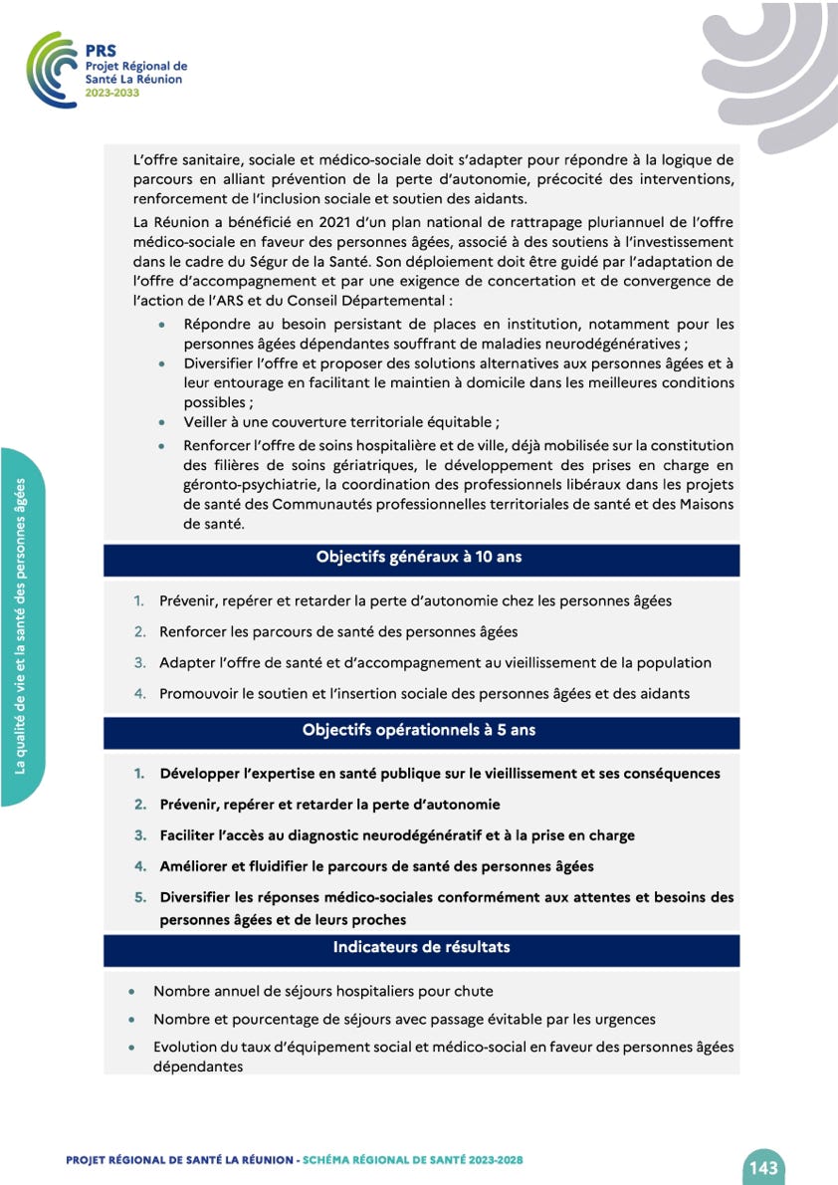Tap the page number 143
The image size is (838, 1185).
point(763,1167)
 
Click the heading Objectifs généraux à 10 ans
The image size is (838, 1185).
point(419,558)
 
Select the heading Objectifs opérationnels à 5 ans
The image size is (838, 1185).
point(419,731)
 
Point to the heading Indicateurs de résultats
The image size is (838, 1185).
point(421,947)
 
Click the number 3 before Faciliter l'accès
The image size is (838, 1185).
point(140,835)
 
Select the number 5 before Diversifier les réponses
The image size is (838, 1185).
point(140,897)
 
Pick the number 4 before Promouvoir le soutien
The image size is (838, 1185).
point(140,693)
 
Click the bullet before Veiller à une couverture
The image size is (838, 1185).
point(162,422)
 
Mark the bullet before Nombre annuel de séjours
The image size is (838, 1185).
point(132,992)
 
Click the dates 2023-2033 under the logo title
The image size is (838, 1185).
point(112,93)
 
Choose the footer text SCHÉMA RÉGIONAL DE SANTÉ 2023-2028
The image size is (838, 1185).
point(413,1161)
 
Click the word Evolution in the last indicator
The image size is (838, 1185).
point(185,1048)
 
